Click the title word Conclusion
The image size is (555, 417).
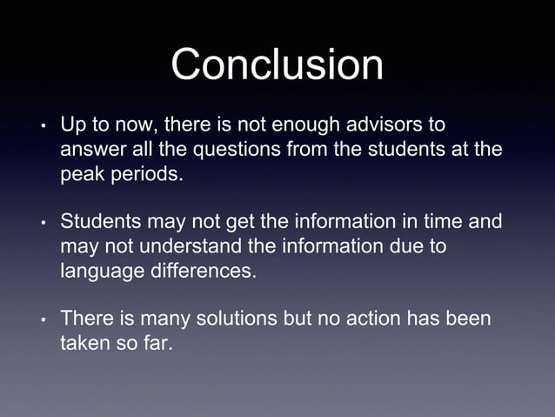(277, 64)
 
